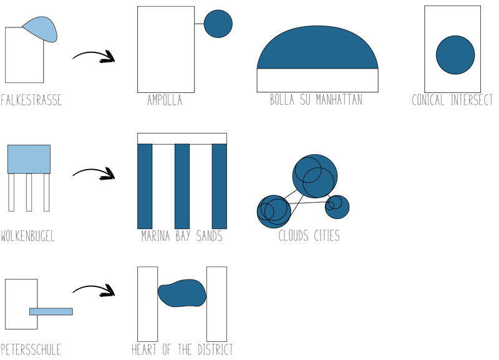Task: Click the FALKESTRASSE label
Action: click(x=31, y=100)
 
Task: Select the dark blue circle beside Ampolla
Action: click(x=218, y=24)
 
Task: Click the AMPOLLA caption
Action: click(x=165, y=100)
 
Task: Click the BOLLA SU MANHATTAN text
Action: click(x=316, y=100)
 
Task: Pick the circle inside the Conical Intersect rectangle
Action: click(x=455, y=55)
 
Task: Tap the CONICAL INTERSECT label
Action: click(x=452, y=100)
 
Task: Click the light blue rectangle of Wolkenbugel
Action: click(x=29, y=159)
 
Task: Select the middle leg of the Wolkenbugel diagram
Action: click(x=29, y=192)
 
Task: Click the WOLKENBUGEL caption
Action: click(x=27, y=236)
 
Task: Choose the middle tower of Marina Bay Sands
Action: click(x=182, y=186)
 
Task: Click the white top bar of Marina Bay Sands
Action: click(x=182, y=139)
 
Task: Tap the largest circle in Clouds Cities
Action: click(x=315, y=176)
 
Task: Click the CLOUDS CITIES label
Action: click(x=309, y=236)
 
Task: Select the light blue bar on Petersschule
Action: click(x=51, y=311)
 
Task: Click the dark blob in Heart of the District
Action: click(x=182, y=293)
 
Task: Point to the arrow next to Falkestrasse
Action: click(x=94, y=56)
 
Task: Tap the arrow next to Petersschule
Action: click(x=94, y=289)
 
